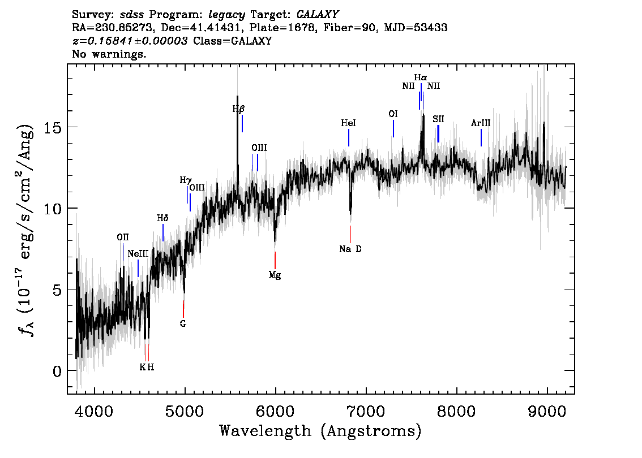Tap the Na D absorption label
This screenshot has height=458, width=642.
tap(350, 249)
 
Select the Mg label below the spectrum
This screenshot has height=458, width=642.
tap(275, 275)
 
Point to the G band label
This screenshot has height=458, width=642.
tap(183, 323)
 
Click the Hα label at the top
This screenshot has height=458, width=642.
tap(420, 77)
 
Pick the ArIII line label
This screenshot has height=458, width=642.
tap(481, 123)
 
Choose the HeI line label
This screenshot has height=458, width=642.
tap(348, 123)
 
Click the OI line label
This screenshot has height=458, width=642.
tap(393, 114)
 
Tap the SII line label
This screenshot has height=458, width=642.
tap(438, 119)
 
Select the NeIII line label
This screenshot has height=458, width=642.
tap(138, 253)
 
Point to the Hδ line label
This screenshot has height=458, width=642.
tap(162, 218)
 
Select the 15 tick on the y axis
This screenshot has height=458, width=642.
tap(53, 127)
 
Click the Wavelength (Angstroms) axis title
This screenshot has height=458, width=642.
tap(320, 431)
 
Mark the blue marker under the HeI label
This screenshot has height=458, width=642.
tap(349, 137)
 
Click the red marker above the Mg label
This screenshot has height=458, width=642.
tap(275, 260)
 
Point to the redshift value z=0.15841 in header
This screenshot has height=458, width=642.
tap(130, 41)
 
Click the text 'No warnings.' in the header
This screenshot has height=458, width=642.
tap(109, 54)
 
